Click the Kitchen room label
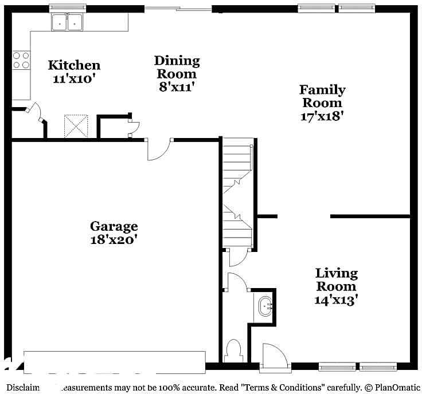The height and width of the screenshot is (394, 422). click(73, 65)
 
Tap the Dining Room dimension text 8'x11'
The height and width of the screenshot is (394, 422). click(177, 87)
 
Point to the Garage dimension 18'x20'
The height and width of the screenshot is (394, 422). click(114, 239)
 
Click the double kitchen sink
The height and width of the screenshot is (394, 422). click(67, 22)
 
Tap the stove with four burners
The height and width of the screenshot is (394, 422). click(21, 60)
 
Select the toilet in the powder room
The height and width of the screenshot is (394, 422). click(234, 350)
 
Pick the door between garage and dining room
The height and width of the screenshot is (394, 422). click(159, 149)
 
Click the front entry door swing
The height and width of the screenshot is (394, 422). click(274, 355)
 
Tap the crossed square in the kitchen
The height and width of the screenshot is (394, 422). click(76, 126)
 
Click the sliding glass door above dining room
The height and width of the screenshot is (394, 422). click(178, 9)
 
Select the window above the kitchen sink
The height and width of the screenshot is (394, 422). click(67, 8)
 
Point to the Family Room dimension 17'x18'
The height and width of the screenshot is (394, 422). click(322, 116)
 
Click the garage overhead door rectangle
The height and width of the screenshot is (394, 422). click(114, 361)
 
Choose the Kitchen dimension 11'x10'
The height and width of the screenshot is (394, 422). click(73, 79)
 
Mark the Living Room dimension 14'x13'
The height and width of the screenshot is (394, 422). click(336, 300)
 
